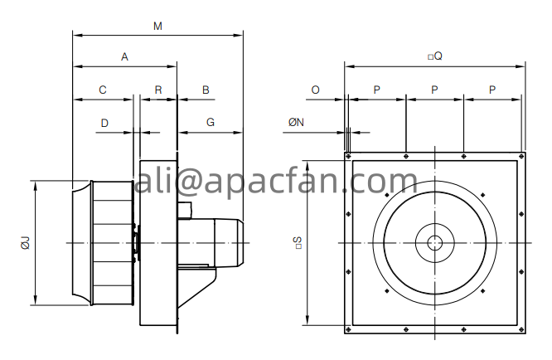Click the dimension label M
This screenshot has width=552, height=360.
157,26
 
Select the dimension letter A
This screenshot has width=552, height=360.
124,56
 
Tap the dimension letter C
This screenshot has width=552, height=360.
103,90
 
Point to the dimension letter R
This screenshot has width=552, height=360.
158,90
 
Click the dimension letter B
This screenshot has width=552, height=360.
206,90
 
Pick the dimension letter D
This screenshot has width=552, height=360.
104,123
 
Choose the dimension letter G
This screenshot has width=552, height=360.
211,122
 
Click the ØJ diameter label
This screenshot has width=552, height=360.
26,243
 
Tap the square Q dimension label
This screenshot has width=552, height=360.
435,56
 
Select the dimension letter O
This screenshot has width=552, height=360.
316,90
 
